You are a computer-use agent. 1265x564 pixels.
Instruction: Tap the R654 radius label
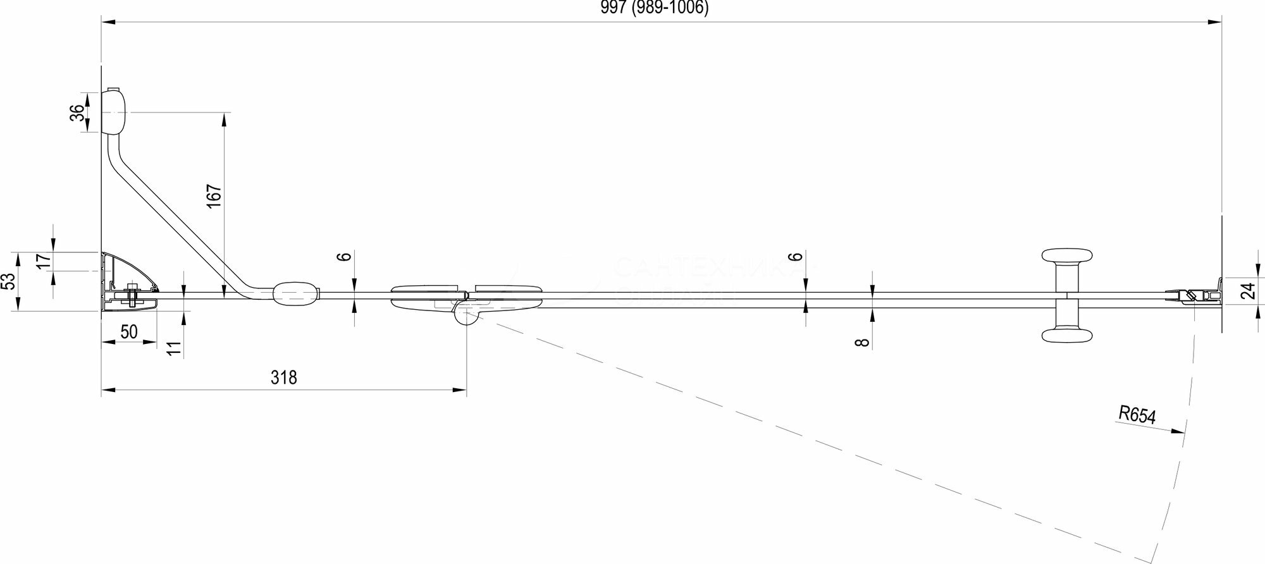pyautogui.click(x=1137, y=415)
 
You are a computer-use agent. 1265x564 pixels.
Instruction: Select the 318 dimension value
pyautogui.click(x=283, y=377)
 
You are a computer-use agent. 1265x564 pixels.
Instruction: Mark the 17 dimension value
pyautogui.click(x=42, y=262)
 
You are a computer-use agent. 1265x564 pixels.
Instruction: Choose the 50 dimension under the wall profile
pyautogui.click(x=129, y=332)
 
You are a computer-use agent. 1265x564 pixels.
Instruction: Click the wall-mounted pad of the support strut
pyautogui.click(x=114, y=111)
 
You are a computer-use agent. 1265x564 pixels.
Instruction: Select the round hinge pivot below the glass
pyautogui.click(x=467, y=315)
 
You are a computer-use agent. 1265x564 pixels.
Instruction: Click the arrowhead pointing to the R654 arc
pyautogui.click(x=1177, y=432)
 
